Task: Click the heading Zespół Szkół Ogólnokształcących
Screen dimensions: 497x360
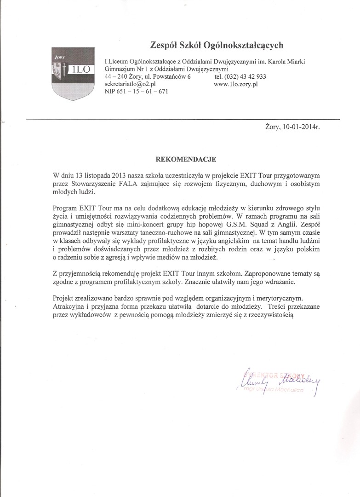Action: click(x=217, y=45)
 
